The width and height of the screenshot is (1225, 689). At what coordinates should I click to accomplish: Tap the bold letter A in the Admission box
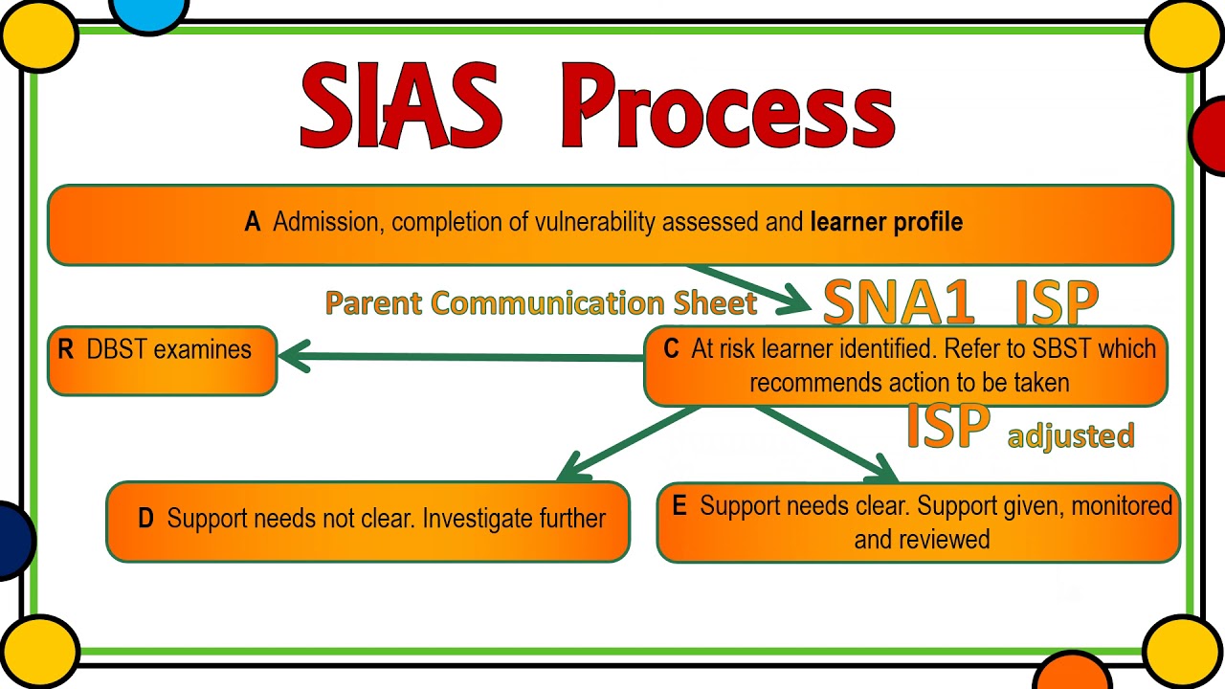(253, 222)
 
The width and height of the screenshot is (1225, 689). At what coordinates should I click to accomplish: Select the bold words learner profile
(886, 222)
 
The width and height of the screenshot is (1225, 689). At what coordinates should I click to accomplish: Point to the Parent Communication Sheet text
(541, 302)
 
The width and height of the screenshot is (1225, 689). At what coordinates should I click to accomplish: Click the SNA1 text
(899, 303)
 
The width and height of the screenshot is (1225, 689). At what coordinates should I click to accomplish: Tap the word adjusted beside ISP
(1071, 435)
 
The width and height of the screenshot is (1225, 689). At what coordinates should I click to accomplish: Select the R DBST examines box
(162, 360)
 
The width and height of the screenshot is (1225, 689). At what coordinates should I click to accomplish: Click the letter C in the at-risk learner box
(671, 349)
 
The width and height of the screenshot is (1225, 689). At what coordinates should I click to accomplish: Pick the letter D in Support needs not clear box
(145, 519)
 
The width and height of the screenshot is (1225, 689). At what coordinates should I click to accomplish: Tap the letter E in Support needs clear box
(679, 506)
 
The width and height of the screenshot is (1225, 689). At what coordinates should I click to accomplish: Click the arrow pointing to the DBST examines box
(459, 357)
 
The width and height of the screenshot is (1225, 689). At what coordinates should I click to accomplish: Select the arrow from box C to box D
(627, 442)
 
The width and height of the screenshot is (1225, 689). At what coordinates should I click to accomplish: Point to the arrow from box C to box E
(825, 443)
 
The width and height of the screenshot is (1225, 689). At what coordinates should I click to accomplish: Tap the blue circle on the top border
(149, 11)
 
